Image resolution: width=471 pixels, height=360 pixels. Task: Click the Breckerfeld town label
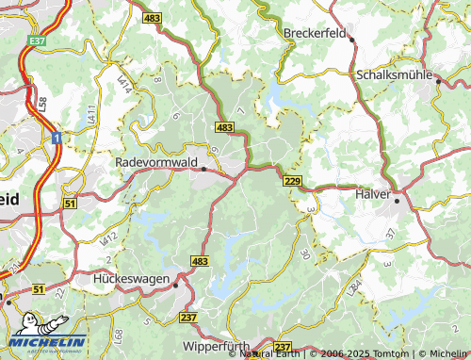316,32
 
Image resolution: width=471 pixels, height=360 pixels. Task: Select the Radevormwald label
155,162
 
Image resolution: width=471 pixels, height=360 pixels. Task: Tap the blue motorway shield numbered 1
57,139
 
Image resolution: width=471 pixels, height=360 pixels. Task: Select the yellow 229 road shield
291,181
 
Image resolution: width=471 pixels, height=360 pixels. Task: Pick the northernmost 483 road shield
153,18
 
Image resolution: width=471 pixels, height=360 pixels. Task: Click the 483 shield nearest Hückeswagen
199,259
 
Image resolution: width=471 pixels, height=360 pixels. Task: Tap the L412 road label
110,238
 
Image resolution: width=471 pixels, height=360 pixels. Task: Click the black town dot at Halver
397,200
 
